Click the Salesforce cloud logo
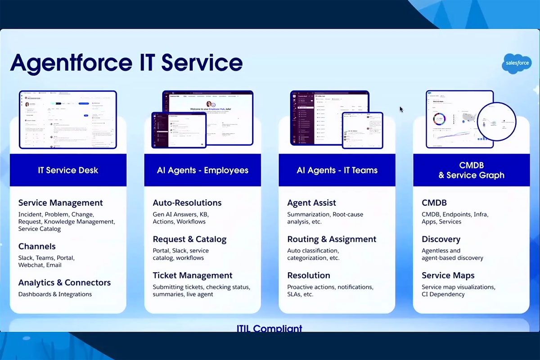(x=516, y=63)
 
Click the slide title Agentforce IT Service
(x=126, y=63)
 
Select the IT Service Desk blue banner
(x=68, y=170)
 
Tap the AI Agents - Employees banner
(x=202, y=170)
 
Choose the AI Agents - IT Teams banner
(x=337, y=170)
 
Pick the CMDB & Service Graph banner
(x=471, y=170)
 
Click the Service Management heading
(x=60, y=203)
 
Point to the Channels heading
(x=37, y=247)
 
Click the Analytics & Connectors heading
(x=64, y=283)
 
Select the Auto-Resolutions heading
(x=187, y=203)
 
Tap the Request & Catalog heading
(x=189, y=239)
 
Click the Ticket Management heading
(x=193, y=275)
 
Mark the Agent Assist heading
(x=311, y=203)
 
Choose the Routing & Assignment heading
(x=332, y=239)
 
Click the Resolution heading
(x=309, y=275)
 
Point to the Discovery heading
(x=441, y=239)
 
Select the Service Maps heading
(x=448, y=275)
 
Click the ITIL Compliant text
(x=270, y=328)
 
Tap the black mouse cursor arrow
(x=401, y=109)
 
